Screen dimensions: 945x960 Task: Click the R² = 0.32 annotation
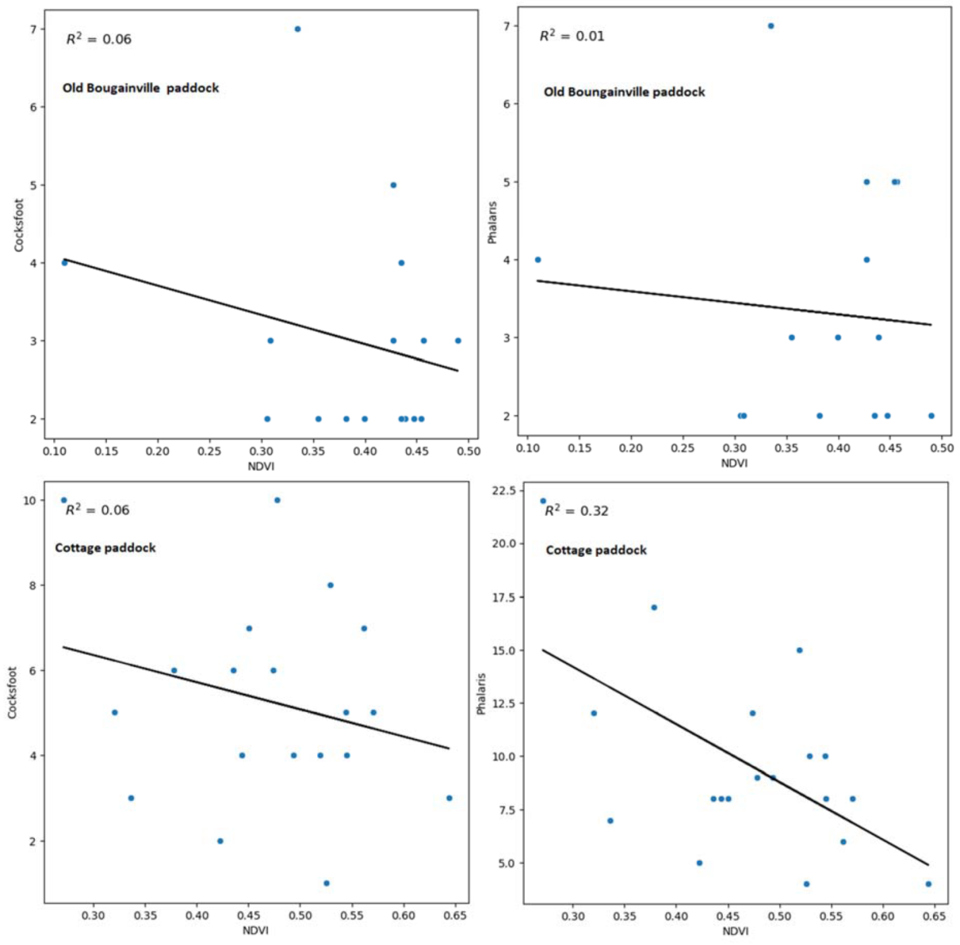pos(576,511)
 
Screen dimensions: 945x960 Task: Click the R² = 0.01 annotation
pos(571,36)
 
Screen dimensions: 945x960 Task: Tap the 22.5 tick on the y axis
pos(505,490)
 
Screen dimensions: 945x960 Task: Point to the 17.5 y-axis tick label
pos(505,597)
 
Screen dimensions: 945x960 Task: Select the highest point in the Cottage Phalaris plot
pos(543,500)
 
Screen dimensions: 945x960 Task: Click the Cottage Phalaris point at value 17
pos(653,608)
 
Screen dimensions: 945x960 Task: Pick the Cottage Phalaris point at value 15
pos(799,650)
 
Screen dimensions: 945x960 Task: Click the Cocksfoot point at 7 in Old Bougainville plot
pos(297,29)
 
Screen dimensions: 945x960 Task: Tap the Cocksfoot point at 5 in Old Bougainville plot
pos(393,185)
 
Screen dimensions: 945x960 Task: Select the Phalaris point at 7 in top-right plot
pos(771,26)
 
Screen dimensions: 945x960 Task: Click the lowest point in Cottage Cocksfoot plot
pos(326,883)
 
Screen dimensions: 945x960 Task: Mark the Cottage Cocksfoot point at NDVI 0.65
pos(449,798)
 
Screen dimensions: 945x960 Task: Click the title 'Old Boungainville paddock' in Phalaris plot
pos(624,92)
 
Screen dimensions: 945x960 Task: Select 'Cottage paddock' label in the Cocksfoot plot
pos(105,548)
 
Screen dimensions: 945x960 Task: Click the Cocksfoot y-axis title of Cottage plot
pos(12,692)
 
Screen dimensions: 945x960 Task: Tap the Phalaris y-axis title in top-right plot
pos(492,222)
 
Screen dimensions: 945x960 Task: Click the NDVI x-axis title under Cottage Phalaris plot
pos(735,931)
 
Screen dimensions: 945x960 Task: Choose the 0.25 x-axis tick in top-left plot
pos(209,451)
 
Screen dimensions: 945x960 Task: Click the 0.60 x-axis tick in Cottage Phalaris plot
pos(883,916)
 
